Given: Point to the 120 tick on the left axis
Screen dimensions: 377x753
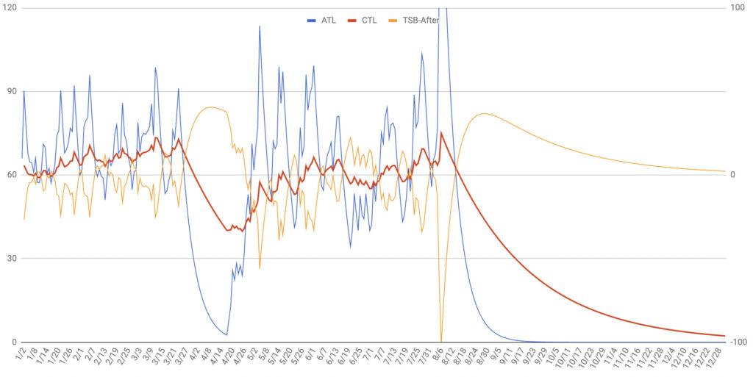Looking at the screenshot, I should click(x=10, y=7).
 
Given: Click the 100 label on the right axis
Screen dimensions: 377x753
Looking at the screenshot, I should click(x=737, y=7).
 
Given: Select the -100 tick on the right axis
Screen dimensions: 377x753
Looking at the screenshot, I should click(x=738, y=342).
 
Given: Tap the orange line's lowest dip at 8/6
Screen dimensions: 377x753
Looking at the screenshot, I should click(x=441, y=340).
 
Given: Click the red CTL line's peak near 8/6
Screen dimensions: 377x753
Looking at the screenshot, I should click(x=441, y=132).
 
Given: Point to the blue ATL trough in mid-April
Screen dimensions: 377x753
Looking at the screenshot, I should click(x=226, y=334).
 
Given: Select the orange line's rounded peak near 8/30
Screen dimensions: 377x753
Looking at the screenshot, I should click(x=483, y=114).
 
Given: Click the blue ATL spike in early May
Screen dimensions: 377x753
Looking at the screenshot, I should click(x=260, y=26).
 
